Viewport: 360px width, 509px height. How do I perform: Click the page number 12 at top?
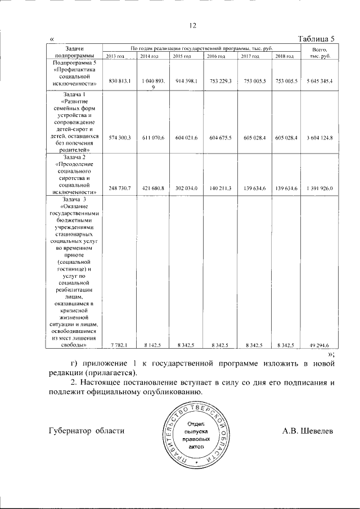[191, 25]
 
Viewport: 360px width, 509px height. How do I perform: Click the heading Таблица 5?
[316, 39]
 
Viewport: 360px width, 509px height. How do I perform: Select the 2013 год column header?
[115, 57]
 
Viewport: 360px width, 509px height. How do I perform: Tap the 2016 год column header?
[215, 57]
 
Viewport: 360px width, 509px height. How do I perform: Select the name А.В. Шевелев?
[308, 430]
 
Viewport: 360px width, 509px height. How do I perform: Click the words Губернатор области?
[86, 430]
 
